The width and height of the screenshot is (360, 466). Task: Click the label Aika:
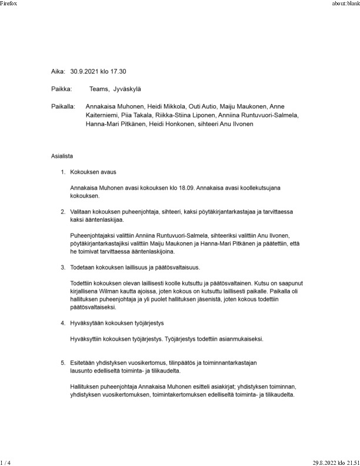[58, 71]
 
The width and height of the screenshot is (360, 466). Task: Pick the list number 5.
[63, 364]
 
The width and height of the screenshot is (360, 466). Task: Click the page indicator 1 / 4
[5, 462]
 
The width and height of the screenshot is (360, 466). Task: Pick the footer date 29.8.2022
[325, 462]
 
